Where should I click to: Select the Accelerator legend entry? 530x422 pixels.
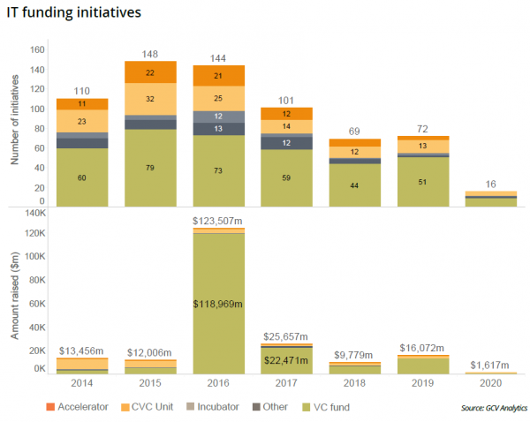[79, 407]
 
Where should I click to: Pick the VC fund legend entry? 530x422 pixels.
[325, 407]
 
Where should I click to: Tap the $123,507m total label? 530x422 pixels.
[218, 220]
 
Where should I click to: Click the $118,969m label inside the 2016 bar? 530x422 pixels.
[218, 304]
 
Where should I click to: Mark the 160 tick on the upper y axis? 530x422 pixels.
[37, 50]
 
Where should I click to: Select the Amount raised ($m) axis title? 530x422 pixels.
[15, 293]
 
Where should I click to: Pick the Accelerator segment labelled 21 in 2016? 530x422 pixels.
[218, 75]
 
